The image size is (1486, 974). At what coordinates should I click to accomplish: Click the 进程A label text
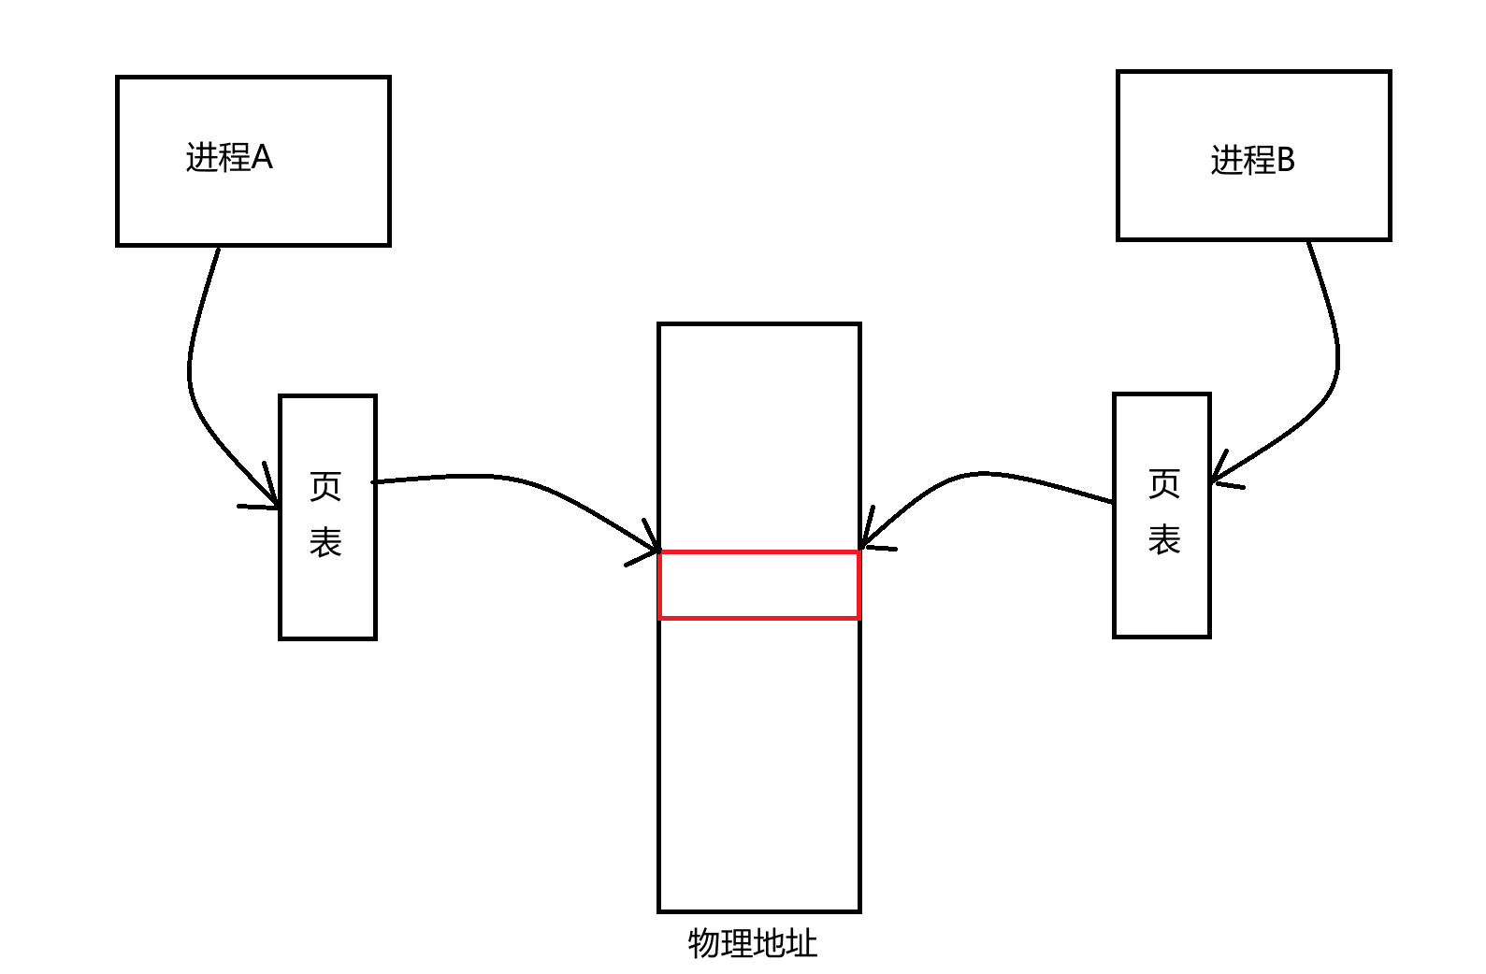coord(229,157)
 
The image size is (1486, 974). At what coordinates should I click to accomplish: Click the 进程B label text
coord(1252,160)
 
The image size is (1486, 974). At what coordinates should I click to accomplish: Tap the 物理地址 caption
coord(753,942)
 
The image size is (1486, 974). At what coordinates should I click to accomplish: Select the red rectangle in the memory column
coord(758,585)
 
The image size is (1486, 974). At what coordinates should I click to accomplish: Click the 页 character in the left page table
coord(325,485)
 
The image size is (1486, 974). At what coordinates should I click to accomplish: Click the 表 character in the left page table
coord(325,542)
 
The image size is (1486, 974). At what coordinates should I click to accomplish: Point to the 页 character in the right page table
coord(1164,483)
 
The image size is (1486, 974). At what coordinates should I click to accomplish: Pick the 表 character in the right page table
coord(1164,539)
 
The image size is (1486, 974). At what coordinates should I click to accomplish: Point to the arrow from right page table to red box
coord(982,474)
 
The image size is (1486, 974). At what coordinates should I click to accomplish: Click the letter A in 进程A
coord(262,157)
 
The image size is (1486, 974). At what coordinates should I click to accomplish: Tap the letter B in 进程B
coord(1285,160)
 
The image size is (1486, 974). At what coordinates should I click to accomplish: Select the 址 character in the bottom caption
coord(801,942)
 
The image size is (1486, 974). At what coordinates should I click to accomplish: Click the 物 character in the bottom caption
coord(704,942)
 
